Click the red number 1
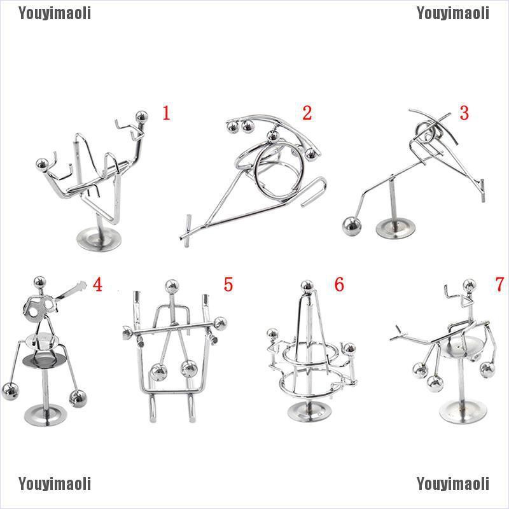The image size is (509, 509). click(166, 113)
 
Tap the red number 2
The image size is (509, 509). click(307, 113)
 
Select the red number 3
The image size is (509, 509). click(464, 113)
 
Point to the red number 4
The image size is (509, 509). click(97, 284)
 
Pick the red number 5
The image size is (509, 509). click(228, 284)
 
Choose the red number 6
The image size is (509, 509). click(339, 284)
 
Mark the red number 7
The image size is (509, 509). click(499, 284)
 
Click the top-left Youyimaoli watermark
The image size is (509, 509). click(55, 13)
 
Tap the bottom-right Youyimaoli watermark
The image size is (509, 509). click(453, 484)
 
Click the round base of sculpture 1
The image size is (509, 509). click(99, 239)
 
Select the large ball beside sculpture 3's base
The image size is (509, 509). click(352, 226)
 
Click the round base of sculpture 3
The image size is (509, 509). click(395, 228)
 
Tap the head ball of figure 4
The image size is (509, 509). click(39, 282)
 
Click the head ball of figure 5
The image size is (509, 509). click(172, 287)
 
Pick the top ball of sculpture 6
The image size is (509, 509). click(307, 286)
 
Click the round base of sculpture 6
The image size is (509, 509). click(309, 411)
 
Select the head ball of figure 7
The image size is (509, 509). click(469, 285)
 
